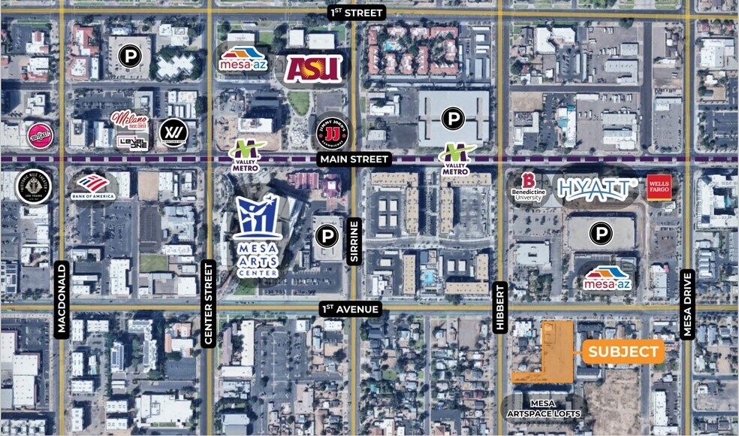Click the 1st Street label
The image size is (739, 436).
click(357, 12)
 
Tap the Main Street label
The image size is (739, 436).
click(354, 159)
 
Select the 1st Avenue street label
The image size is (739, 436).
click(351, 308)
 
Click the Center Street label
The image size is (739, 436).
click(209, 304)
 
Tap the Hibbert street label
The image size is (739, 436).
click(501, 307)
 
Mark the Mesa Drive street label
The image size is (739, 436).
click(686, 304)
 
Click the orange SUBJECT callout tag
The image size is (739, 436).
click(623, 351)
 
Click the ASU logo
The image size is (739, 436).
click(313, 68)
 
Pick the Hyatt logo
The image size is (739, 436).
click(597, 187)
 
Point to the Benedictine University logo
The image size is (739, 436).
click(529, 189)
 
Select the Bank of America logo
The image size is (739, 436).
click(93, 186)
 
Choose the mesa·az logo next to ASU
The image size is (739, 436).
click(242, 59)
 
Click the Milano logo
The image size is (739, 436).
click(129, 119)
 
